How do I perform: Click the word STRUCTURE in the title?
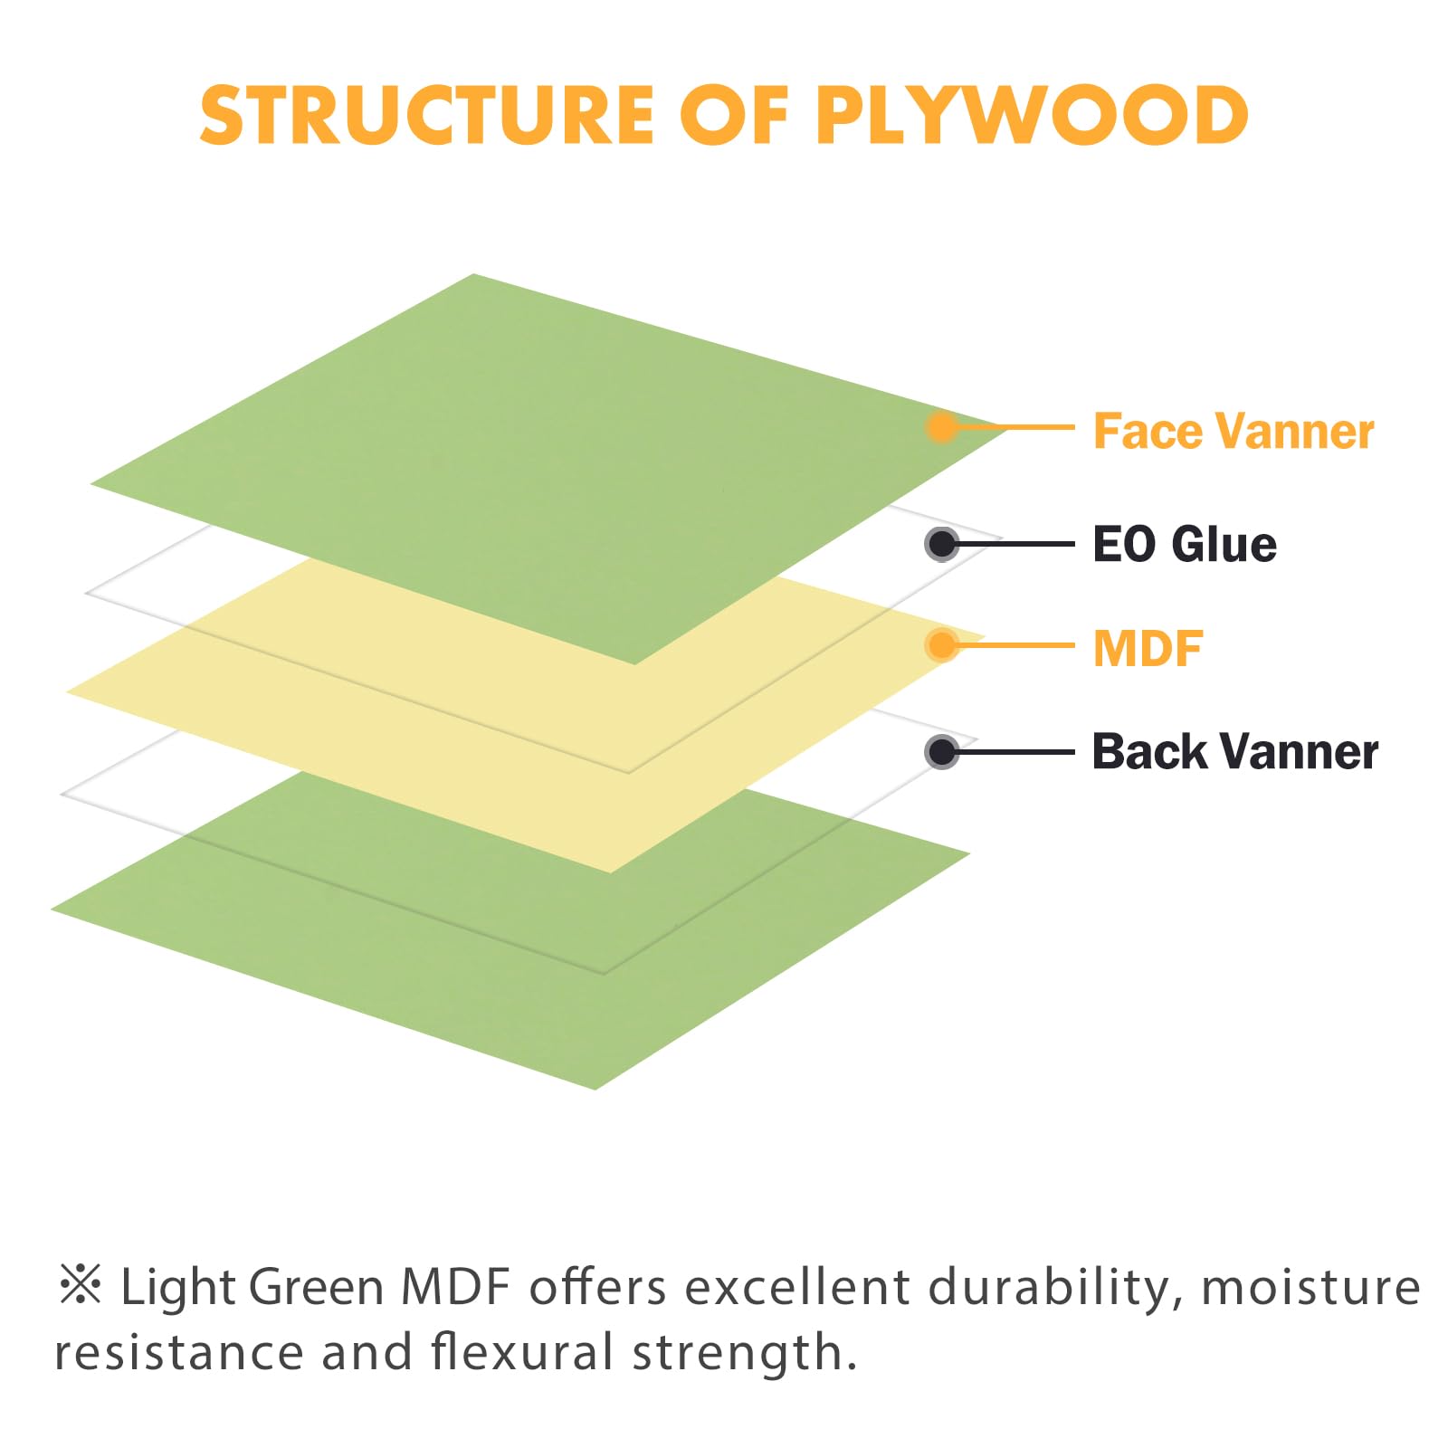pyautogui.click(x=426, y=115)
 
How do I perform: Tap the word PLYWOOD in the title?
pyautogui.click(x=1033, y=115)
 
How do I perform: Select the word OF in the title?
pyautogui.click(x=734, y=115)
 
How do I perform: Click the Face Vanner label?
pyautogui.click(x=1234, y=431)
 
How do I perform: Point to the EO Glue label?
pyautogui.click(x=1185, y=544)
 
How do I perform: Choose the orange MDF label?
pyautogui.click(x=1148, y=648)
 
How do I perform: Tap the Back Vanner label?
pyautogui.click(x=1234, y=751)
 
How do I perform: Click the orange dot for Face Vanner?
pyautogui.click(x=942, y=427)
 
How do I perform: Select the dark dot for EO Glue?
pyautogui.click(x=942, y=544)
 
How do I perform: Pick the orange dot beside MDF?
pyautogui.click(x=942, y=645)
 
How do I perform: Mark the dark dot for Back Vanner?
pyautogui.click(x=942, y=751)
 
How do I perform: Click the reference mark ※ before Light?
pyautogui.click(x=81, y=1285)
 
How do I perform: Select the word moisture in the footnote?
pyautogui.click(x=1311, y=1288)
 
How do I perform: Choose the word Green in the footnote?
pyautogui.click(x=316, y=1288)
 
